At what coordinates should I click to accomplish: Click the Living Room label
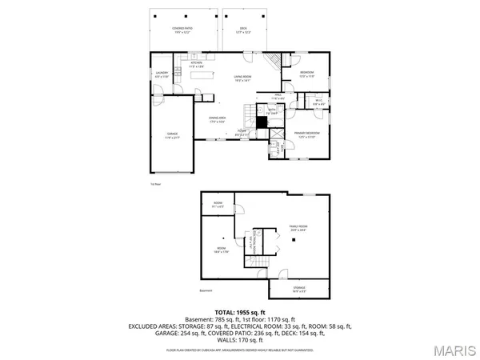pyautogui.click(x=243, y=78)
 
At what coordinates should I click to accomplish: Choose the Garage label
pyautogui.click(x=172, y=135)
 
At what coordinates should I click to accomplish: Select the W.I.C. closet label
pyautogui.click(x=318, y=102)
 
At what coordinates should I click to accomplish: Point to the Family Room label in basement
pyautogui.click(x=298, y=230)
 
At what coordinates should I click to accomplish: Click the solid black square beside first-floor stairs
pyautogui.click(x=261, y=122)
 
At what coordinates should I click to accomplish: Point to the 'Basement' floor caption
pyautogui.click(x=206, y=290)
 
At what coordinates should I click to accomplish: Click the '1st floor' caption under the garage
pyautogui.click(x=155, y=183)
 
